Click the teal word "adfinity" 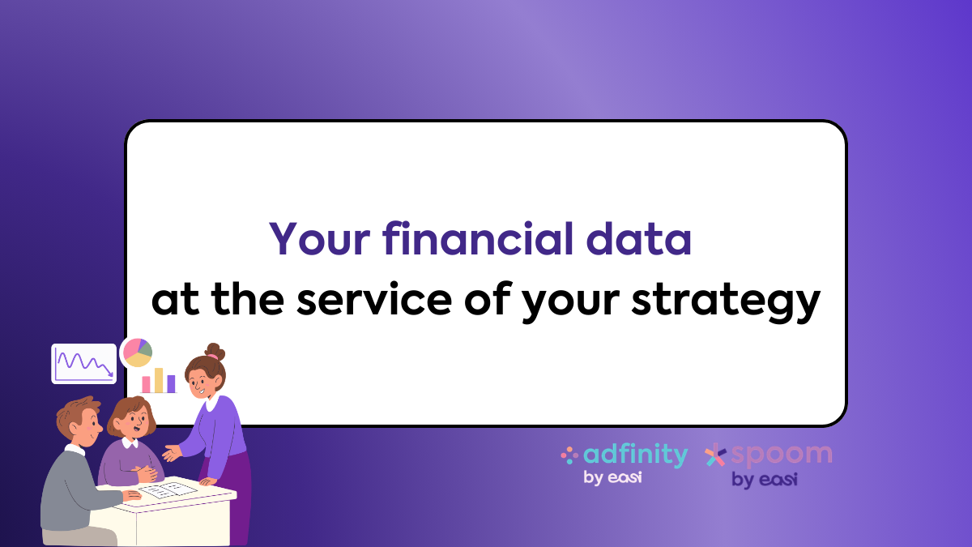click(635, 455)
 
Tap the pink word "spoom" click(780, 455)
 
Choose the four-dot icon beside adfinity click(569, 455)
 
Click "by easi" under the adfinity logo click(612, 478)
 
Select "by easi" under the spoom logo click(764, 480)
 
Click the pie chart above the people click(136, 353)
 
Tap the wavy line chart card click(83, 363)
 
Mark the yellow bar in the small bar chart click(159, 380)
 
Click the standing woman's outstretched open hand click(172, 453)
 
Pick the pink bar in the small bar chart click(147, 384)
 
